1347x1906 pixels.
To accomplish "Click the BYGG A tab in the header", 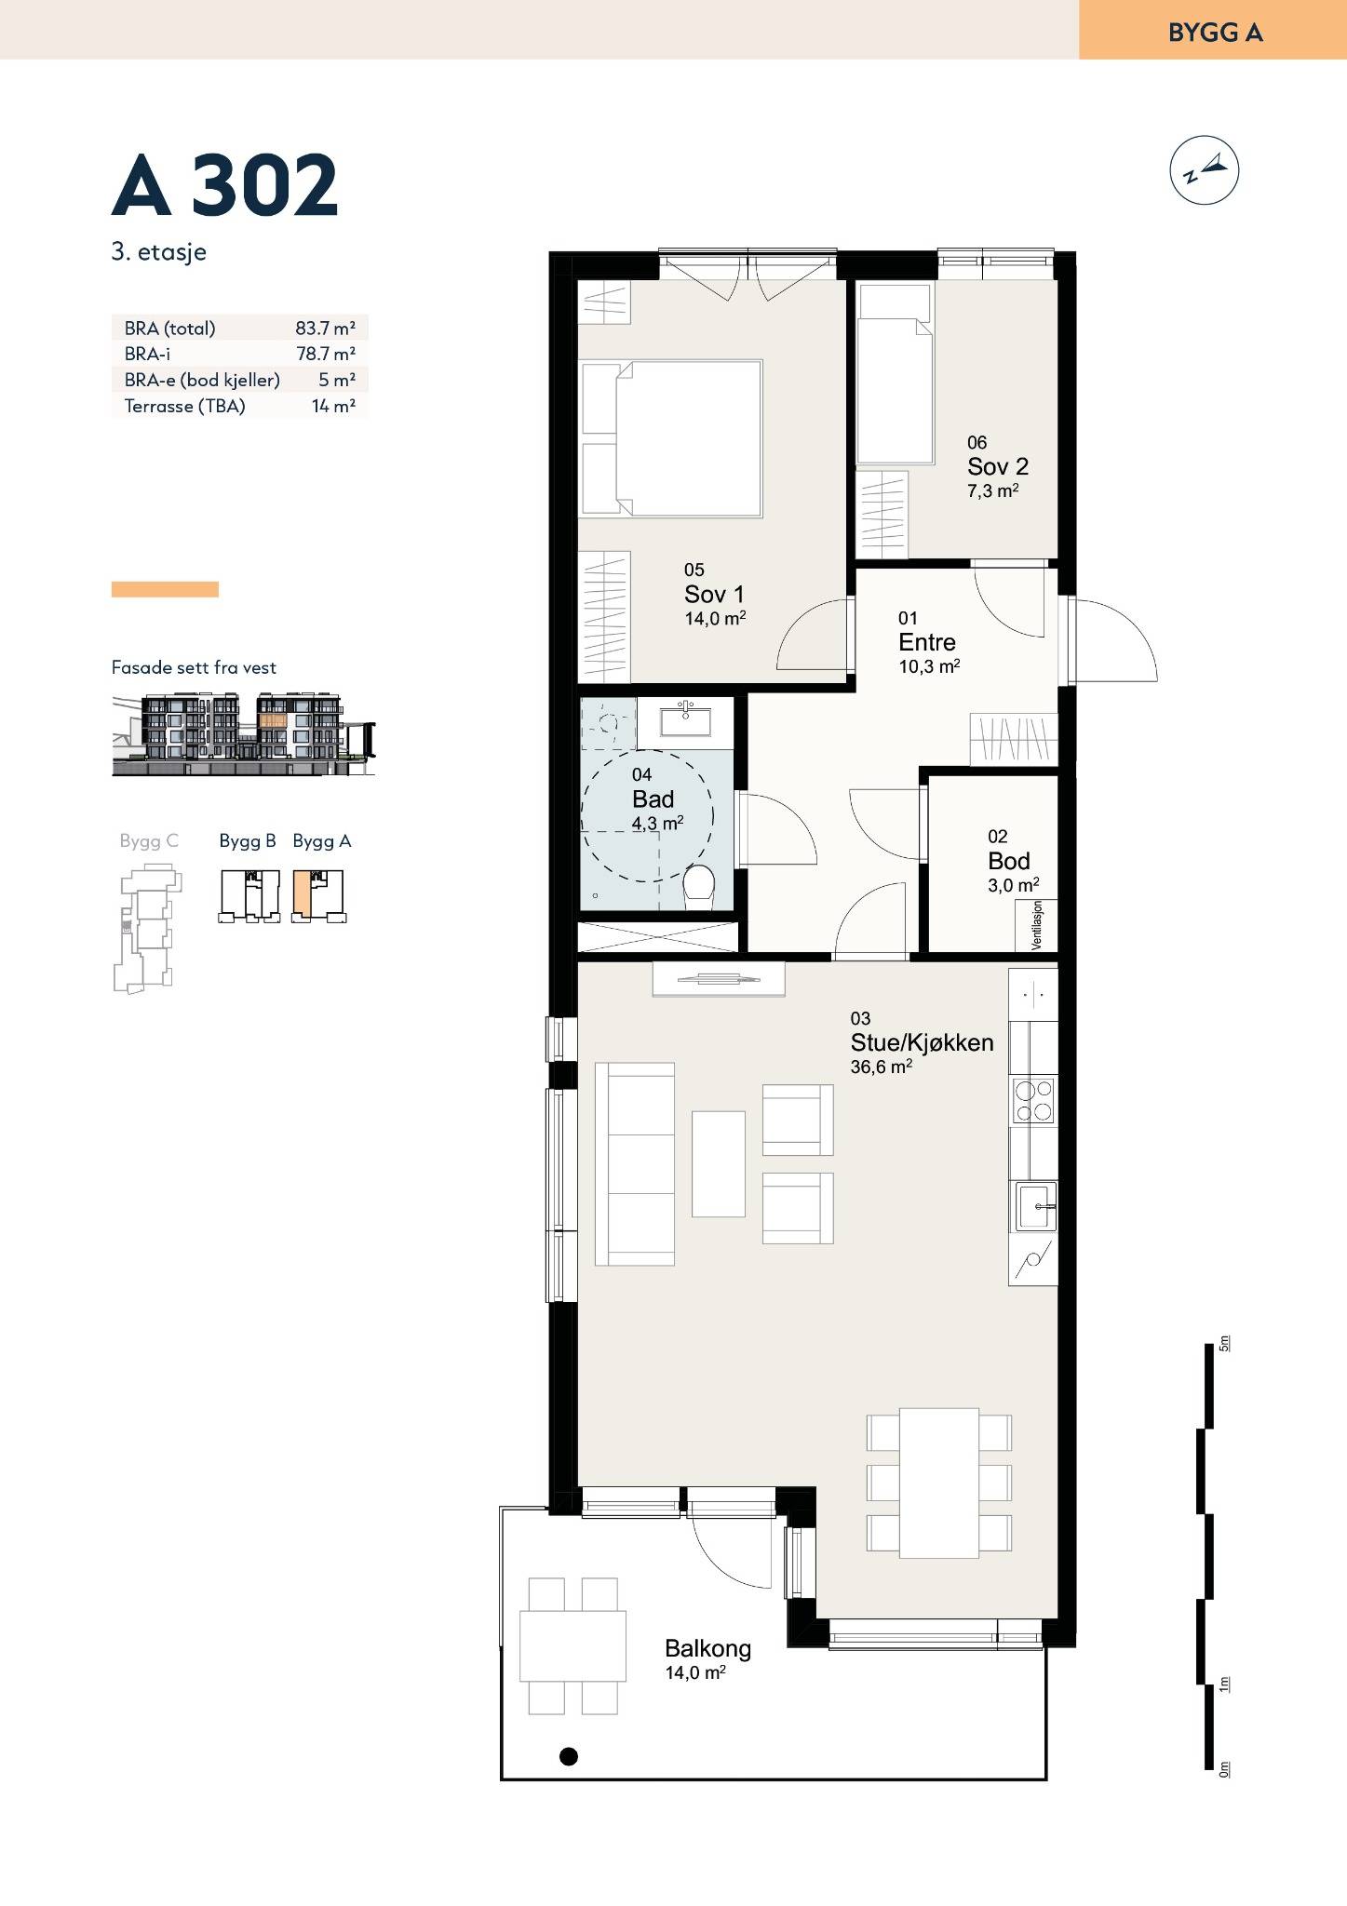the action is [1213, 31].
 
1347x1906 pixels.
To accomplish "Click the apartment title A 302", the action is [224, 184].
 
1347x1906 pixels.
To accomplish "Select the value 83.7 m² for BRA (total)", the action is [326, 328].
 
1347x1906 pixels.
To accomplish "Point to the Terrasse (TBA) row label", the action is [185, 406].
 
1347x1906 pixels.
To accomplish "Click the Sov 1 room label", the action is [714, 594].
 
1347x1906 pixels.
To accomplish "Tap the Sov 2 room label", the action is [998, 466].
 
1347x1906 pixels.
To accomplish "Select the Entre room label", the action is [927, 642].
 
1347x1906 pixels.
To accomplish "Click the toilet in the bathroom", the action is [699, 887].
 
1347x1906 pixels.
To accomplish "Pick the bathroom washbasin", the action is [686, 720].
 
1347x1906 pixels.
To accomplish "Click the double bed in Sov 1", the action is [671, 438].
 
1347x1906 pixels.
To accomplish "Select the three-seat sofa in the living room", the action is [635, 1164].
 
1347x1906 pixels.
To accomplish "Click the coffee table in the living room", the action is [719, 1163].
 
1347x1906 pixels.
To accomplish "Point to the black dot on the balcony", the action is [568, 1757].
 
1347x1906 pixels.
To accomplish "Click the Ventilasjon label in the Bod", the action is [1037, 925].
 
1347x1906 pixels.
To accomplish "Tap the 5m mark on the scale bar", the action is [1225, 1343].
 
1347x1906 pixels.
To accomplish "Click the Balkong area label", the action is [707, 1649].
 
